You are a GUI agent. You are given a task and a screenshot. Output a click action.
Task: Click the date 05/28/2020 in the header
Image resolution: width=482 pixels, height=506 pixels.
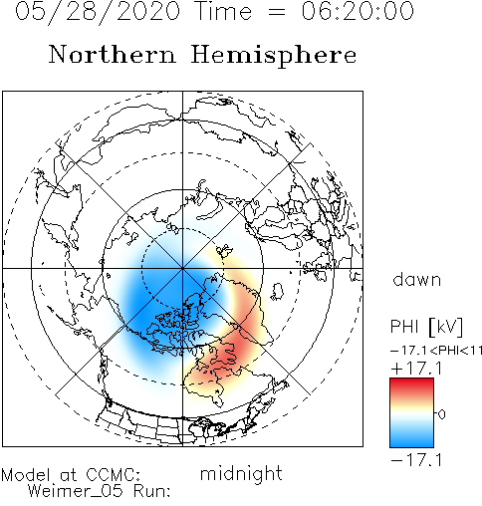click(x=98, y=11)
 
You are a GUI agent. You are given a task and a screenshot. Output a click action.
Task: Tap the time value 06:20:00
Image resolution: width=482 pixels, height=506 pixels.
click(x=358, y=11)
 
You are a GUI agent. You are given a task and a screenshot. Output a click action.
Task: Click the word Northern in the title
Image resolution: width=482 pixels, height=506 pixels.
click(x=113, y=54)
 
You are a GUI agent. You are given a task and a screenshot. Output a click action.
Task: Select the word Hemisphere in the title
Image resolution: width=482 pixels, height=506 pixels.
click(x=274, y=56)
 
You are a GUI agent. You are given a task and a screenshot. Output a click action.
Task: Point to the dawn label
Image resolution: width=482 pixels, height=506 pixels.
click(x=417, y=279)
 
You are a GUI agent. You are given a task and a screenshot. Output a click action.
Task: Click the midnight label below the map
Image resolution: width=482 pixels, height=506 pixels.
click(x=241, y=473)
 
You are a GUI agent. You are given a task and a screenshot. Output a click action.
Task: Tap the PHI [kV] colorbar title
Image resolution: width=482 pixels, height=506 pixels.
click(x=426, y=327)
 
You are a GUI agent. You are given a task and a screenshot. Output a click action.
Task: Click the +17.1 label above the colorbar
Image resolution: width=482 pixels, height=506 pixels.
click(x=416, y=369)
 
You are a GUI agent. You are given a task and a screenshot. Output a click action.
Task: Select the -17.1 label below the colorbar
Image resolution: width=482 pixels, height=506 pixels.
click(x=416, y=460)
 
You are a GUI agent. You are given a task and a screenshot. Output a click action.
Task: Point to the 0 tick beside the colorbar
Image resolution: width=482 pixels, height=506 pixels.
click(x=441, y=414)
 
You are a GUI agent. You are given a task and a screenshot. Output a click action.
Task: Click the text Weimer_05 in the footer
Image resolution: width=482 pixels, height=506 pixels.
click(x=75, y=491)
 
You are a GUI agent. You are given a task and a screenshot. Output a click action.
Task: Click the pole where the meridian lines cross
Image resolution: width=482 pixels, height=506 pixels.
click(x=182, y=268)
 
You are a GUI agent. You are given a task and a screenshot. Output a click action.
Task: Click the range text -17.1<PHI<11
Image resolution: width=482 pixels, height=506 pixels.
click(x=436, y=351)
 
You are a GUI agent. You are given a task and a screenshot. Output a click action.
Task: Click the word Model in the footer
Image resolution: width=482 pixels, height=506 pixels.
click(x=26, y=475)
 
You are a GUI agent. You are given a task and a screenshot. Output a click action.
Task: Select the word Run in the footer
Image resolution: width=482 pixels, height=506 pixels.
click(x=151, y=491)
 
